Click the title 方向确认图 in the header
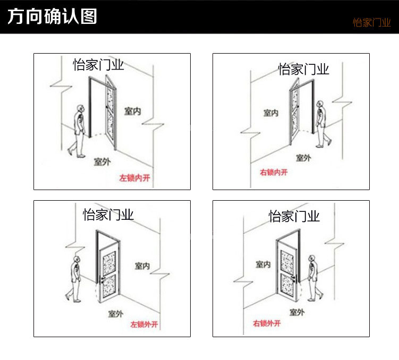coord(52,16)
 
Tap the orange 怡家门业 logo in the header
coord(371,23)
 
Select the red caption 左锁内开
coord(134,178)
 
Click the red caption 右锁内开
coord(274,172)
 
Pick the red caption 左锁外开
coord(144,324)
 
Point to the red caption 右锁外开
coord(267,323)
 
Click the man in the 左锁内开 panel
coord(78,131)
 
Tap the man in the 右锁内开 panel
coord(323,124)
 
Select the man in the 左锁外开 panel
coord(74,279)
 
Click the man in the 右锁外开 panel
coord(315,278)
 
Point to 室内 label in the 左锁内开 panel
coord(133,111)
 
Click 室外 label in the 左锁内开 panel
coord(102,162)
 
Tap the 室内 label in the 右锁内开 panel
coord(271,113)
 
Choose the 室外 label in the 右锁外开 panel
coord(297,312)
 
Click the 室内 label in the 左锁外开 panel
coord(142,266)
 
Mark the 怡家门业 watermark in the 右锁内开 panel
coord(303,69)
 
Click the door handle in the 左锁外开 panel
coord(103,279)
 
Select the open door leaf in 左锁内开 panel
coord(111,113)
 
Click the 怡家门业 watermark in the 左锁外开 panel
coord(108,215)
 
